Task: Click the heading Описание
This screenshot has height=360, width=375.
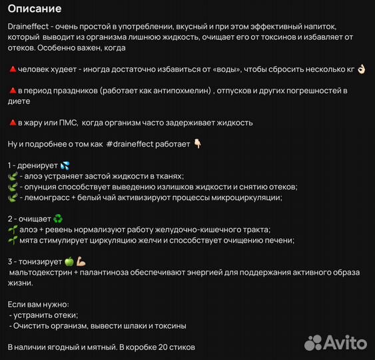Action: click(35, 9)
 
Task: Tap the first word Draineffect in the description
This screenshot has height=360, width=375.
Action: click(27, 25)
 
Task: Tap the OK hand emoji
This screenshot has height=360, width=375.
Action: click(361, 69)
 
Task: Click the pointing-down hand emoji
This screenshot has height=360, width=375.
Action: click(197, 143)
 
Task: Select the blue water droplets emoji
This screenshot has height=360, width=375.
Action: click(65, 165)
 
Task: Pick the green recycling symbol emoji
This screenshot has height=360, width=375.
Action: click(58, 218)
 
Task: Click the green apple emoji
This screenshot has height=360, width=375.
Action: click(69, 261)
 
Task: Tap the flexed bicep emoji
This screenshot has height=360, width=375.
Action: click(81, 261)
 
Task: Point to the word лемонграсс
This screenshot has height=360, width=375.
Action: click(45, 197)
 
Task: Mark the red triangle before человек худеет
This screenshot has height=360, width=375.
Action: click(12, 69)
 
